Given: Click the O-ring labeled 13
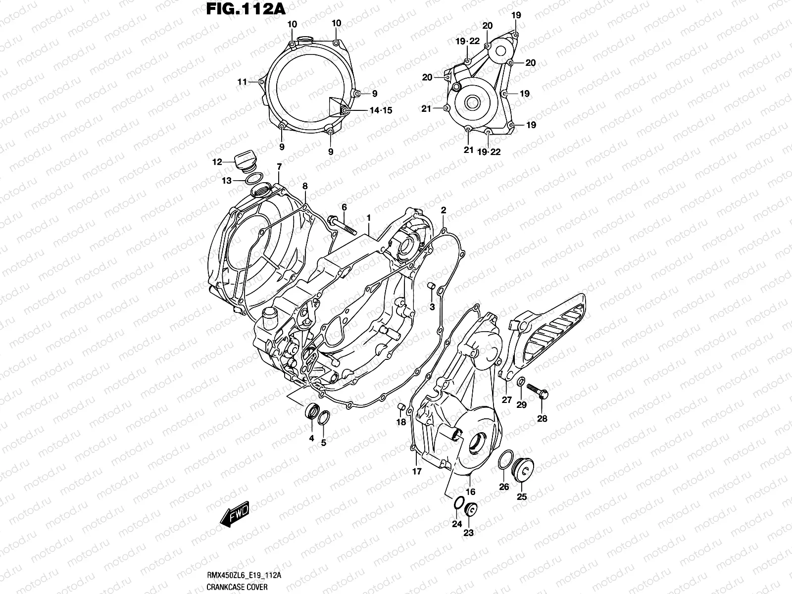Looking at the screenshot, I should pyautogui.click(x=253, y=179).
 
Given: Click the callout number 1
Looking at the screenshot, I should pyautogui.click(x=368, y=218).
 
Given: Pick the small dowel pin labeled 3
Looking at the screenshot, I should pyautogui.click(x=431, y=287).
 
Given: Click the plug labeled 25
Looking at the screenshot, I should pyautogui.click(x=524, y=468).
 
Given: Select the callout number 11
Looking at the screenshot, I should pyautogui.click(x=242, y=82).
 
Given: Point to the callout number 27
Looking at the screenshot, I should pyautogui.click(x=506, y=400).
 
